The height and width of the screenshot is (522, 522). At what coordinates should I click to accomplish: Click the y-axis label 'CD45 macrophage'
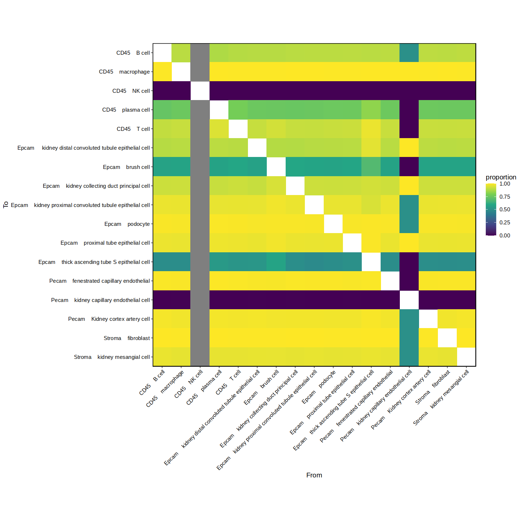(124, 72)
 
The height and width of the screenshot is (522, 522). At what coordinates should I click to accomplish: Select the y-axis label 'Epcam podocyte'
(127, 224)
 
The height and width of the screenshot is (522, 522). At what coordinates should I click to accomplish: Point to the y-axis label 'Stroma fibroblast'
(127, 338)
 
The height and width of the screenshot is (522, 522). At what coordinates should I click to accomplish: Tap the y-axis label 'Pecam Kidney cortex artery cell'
(109, 319)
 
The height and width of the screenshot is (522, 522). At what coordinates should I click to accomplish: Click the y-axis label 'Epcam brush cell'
(126, 167)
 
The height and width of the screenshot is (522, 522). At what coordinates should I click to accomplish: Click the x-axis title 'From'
(314, 475)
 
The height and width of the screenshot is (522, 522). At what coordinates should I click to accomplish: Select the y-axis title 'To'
(6, 205)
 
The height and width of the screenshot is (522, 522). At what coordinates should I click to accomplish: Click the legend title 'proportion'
(501, 177)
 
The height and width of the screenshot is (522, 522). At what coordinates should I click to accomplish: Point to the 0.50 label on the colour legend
(505, 210)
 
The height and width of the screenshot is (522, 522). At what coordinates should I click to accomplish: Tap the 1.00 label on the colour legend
(505, 184)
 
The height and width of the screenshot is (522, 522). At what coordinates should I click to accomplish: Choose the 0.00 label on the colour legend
(505, 236)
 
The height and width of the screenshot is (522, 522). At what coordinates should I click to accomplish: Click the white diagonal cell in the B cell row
(162, 53)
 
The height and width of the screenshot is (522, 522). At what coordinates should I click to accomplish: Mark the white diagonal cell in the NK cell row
(200, 91)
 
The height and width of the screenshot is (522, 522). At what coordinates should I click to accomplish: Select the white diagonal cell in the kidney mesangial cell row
(466, 357)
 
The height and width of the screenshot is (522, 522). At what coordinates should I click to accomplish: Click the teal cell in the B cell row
(409, 53)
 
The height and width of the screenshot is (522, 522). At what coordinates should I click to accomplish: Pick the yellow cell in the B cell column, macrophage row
(162, 72)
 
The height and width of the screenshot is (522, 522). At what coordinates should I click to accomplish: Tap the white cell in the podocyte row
(333, 224)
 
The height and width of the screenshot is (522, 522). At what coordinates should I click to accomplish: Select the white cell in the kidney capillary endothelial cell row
(409, 300)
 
